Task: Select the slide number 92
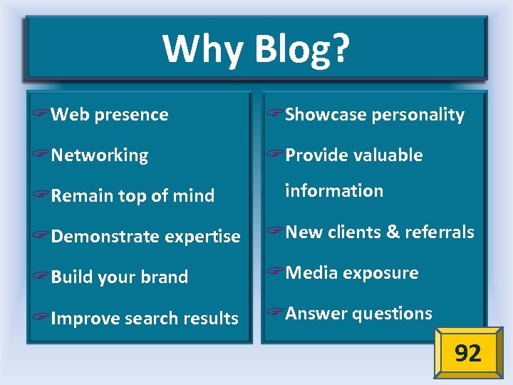coord(467,353)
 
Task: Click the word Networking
coord(100,155)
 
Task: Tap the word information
coord(334,191)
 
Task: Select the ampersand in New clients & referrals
coord(393,232)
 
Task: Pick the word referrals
coord(440,232)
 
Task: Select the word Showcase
coord(320,115)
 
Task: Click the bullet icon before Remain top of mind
coord(41,196)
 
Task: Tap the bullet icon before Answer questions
coord(275,314)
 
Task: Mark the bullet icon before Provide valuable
coord(275,155)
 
